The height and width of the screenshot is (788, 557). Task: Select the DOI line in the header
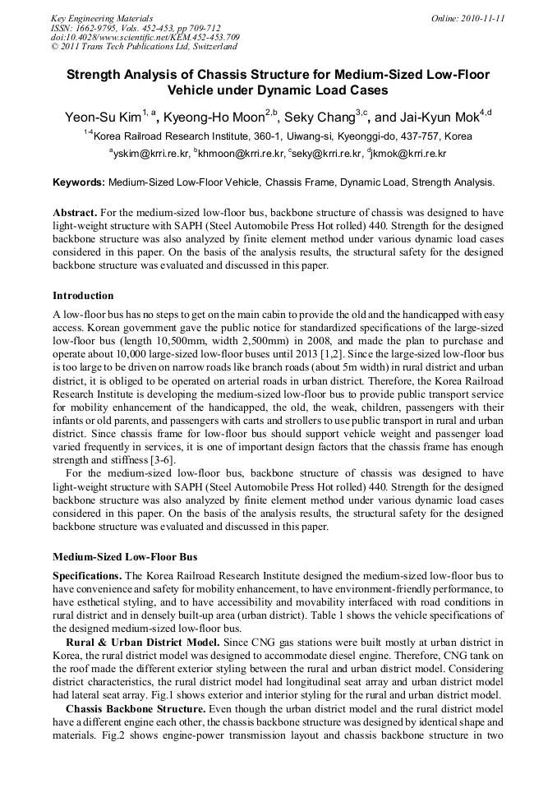[x=145, y=38]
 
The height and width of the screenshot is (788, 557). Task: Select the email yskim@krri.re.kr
[x=150, y=154]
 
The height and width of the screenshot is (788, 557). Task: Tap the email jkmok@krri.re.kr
[x=409, y=154]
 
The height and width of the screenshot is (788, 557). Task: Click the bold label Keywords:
[x=79, y=182]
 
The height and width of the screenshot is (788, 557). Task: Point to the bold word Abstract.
[x=75, y=212]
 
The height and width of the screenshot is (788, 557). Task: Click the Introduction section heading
[x=83, y=296]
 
